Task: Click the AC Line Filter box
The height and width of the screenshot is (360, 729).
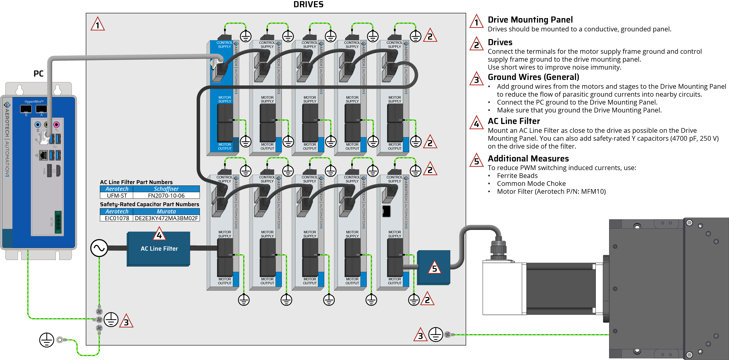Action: click(159, 249)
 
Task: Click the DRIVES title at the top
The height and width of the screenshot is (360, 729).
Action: click(308, 5)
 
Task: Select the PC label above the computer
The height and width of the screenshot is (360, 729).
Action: click(38, 74)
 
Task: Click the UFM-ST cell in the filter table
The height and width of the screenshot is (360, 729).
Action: click(117, 196)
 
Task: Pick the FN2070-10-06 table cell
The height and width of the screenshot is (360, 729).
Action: click(166, 196)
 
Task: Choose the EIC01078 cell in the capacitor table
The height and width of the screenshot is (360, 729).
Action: click(117, 218)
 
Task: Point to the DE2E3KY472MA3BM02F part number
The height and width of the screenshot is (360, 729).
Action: click(166, 218)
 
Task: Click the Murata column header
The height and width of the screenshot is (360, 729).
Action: click(166, 211)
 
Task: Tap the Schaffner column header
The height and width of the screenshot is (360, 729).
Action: click(166, 189)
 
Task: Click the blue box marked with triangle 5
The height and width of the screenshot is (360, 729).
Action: click(433, 267)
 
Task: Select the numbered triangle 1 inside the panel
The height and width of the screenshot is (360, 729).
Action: click(98, 24)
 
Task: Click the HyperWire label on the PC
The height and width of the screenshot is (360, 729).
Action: click(34, 102)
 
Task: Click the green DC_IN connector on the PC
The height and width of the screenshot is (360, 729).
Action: click(58, 222)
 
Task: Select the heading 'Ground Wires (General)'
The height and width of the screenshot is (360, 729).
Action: click(533, 77)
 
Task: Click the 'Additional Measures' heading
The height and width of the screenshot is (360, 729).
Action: click(528, 159)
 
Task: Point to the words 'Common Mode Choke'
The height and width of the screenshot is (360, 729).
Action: click(531, 184)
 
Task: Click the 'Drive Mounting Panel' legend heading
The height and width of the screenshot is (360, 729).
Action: click(530, 20)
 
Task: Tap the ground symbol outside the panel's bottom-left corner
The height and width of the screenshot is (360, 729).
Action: click(47, 340)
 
